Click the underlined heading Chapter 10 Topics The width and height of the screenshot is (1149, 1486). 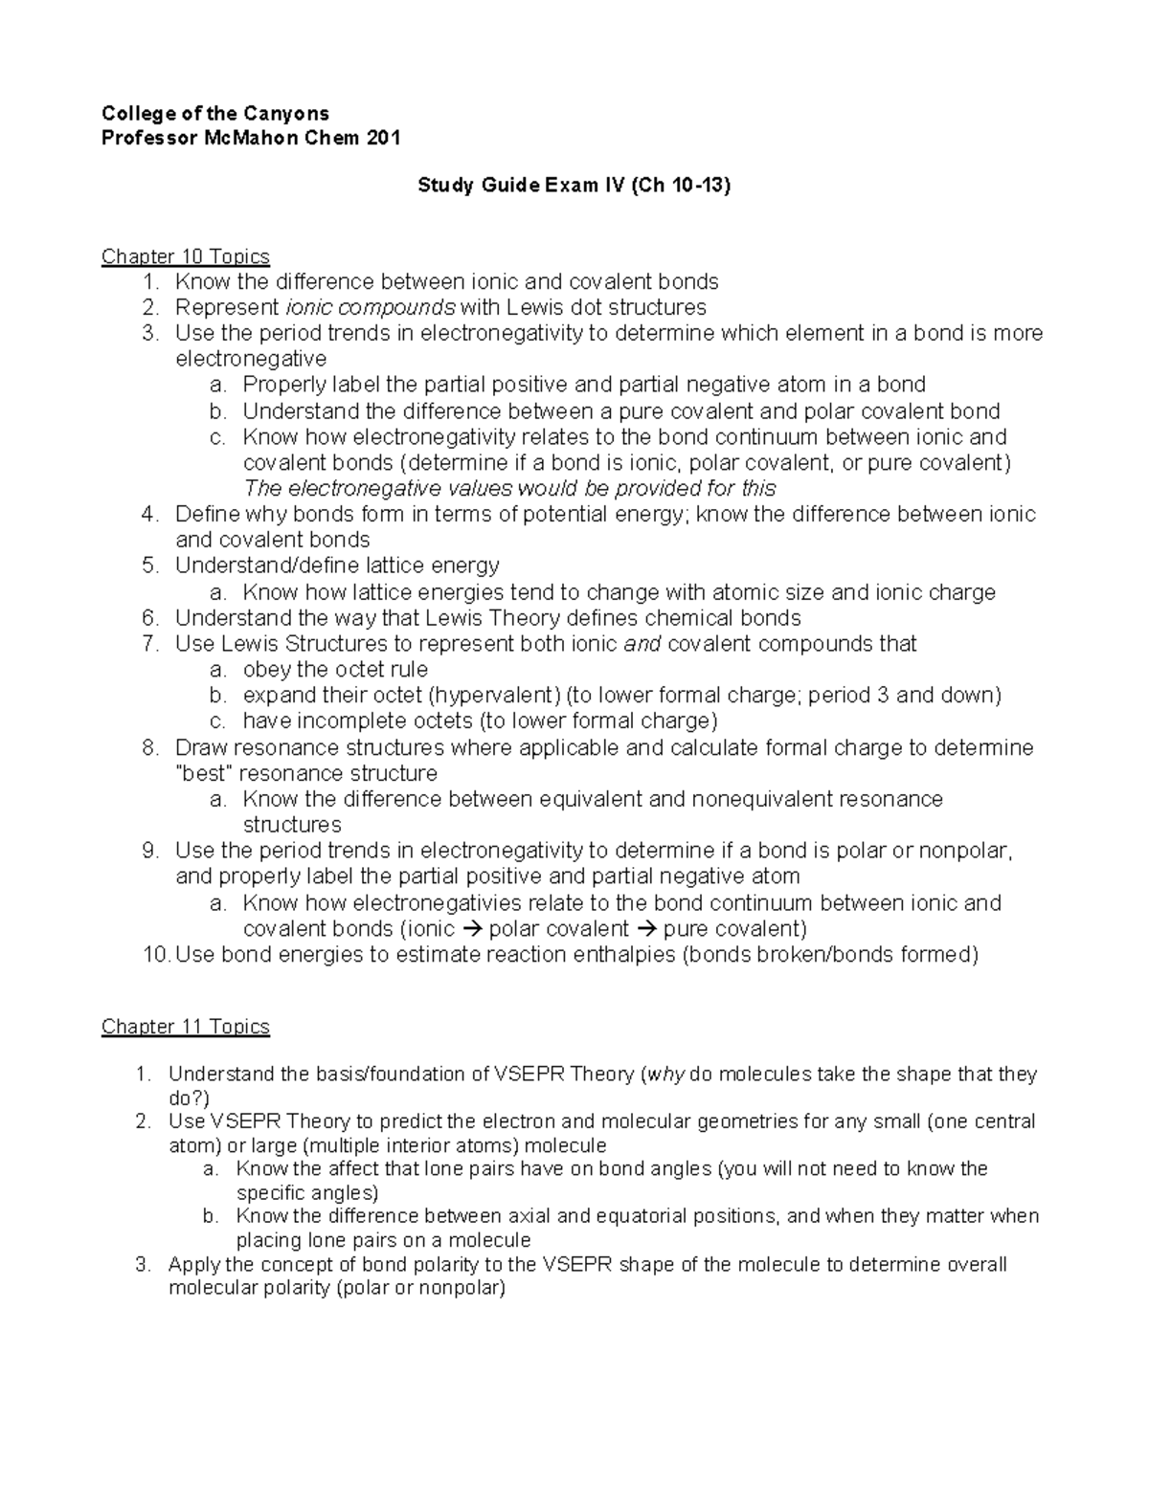(x=186, y=256)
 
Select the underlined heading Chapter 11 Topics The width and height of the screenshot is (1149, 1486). (x=186, y=1027)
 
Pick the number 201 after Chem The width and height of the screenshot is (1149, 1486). (x=383, y=138)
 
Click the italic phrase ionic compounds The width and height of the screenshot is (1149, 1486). (x=371, y=308)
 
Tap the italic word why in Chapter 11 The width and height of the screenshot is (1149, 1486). (x=666, y=1075)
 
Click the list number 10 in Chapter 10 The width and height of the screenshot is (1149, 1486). (x=153, y=955)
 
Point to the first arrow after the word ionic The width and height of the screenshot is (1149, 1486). (x=472, y=929)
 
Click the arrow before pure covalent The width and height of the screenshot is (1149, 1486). (x=646, y=929)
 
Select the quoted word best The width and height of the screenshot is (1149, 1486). (x=202, y=773)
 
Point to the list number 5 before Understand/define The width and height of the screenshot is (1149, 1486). (x=150, y=566)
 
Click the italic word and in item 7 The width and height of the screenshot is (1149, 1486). (x=642, y=644)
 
